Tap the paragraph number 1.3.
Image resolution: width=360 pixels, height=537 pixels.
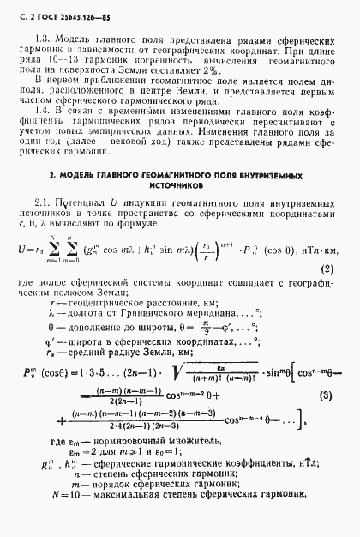tap(43, 40)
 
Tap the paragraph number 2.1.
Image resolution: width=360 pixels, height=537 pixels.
tap(42, 204)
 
